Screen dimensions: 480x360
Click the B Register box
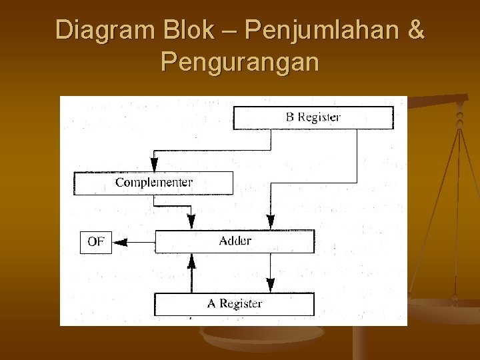coord(313,117)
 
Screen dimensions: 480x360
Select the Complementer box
coord(153,183)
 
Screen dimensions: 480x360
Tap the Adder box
coord(235,241)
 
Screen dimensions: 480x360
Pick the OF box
coord(96,241)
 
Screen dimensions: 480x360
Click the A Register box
coord(234,304)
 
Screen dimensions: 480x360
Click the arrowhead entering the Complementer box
coord(154,165)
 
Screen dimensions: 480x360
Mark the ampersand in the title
coord(413,31)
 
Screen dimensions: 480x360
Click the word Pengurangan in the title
coord(240,63)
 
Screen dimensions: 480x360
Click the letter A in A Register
coord(211,304)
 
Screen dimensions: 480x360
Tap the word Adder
coord(235,241)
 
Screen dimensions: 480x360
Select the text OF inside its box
coord(96,241)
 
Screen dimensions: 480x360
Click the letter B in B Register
coord(290,117)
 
